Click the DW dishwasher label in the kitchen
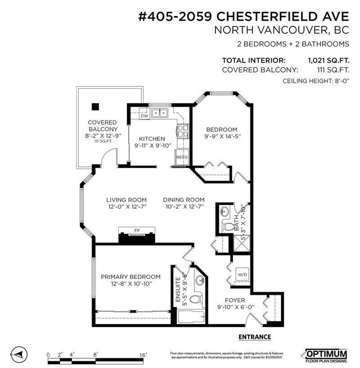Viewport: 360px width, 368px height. click(144, 116)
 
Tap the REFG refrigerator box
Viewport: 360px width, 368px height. click(182, 157)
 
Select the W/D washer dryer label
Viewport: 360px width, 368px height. click(242, 274)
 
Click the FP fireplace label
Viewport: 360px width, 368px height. click(137, 231)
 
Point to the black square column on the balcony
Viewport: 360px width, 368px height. click(95, 107)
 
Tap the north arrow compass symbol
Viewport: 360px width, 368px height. click(18, 355)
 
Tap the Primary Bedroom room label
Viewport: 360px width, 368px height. click(130, 277)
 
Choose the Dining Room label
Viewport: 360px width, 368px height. click(184, 200)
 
